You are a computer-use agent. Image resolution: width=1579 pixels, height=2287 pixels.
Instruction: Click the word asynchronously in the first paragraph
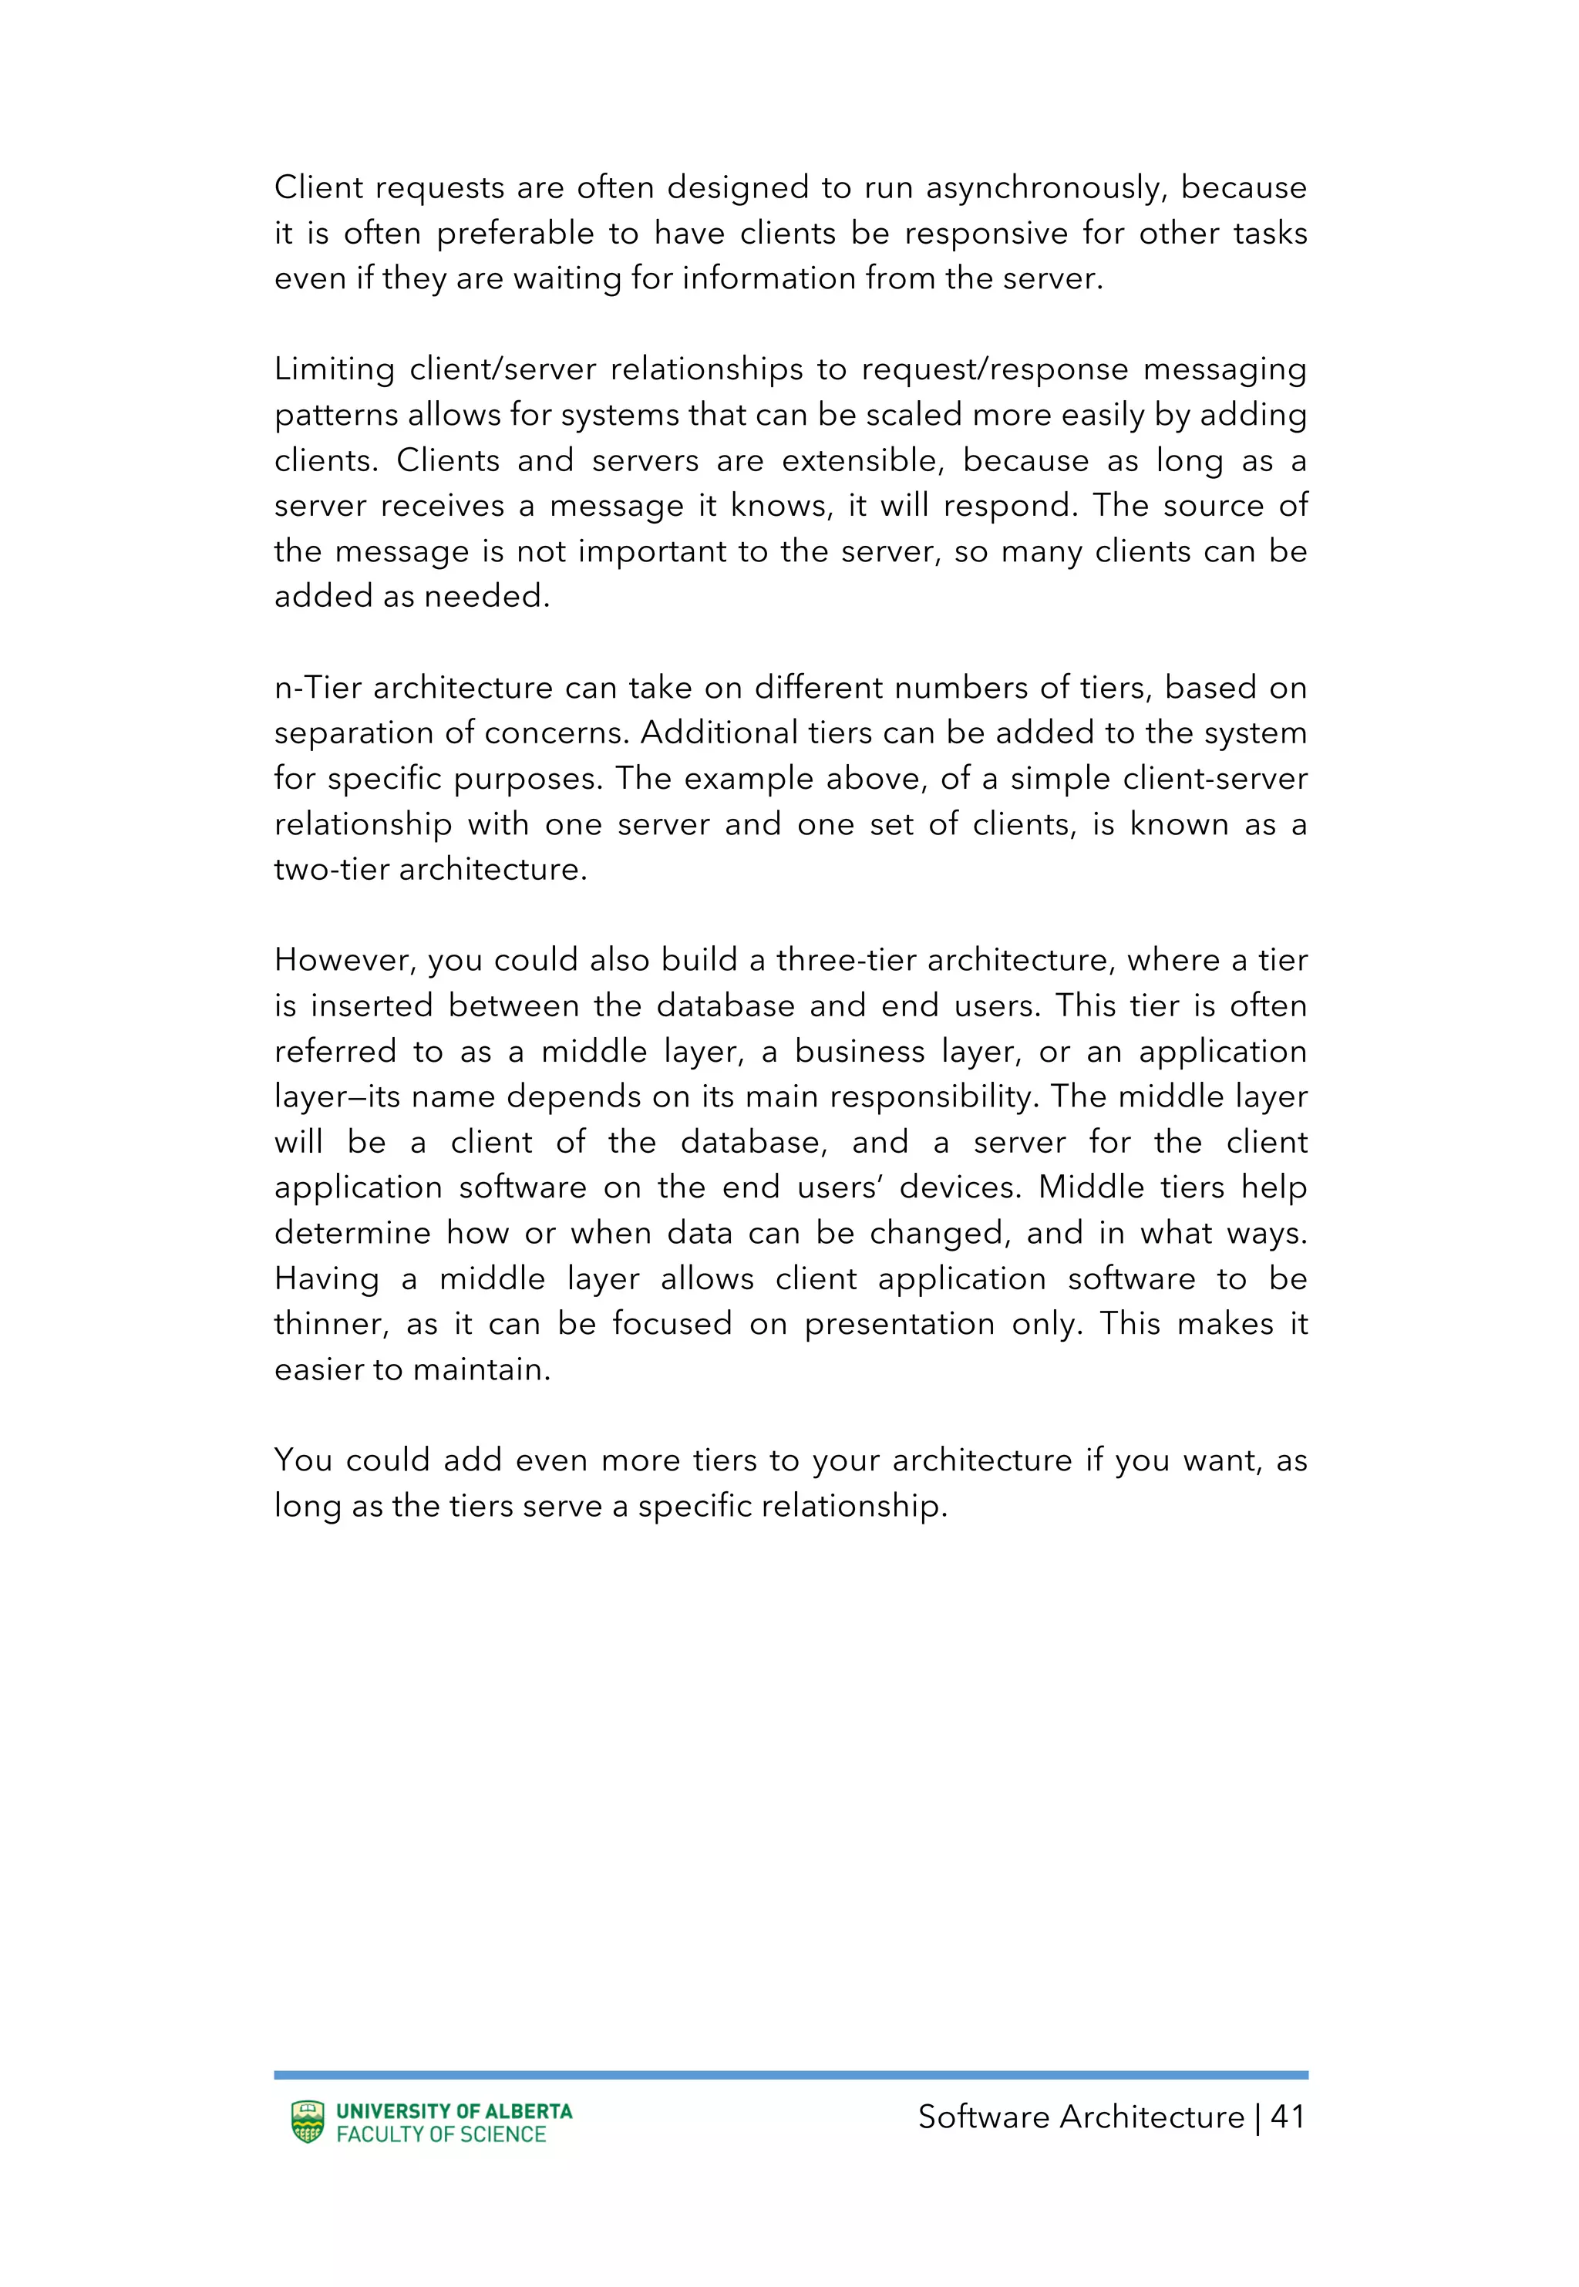pos(1044,188)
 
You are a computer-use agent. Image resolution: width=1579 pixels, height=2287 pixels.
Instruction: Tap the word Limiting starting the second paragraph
pos(335,370)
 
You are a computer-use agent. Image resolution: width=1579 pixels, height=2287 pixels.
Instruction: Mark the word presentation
pos(899,1325)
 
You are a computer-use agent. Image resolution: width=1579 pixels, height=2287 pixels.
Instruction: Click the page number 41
pos(1287,2117)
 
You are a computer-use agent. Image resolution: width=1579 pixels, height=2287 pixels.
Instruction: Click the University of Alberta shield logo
pos(308,2122)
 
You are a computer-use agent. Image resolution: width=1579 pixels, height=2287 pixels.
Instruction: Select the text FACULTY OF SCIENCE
pos(441,2134)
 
